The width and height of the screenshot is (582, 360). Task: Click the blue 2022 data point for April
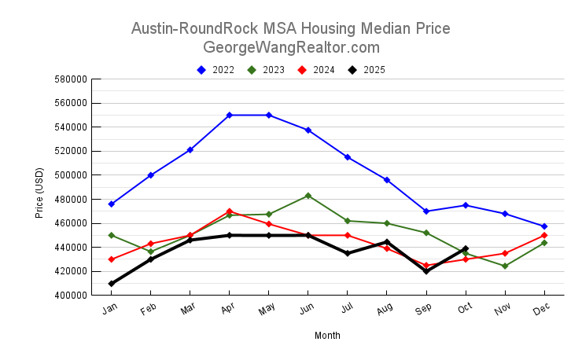click(229, 115)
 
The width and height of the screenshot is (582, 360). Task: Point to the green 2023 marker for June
click(308, 196)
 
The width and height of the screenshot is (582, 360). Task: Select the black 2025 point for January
click(111, 284)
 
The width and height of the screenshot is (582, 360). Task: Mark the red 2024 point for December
click(544, 235)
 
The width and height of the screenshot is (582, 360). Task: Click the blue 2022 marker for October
click(466, 205)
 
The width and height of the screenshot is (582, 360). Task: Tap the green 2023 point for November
click(505, 266)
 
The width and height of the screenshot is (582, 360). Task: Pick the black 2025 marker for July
click(347, 253)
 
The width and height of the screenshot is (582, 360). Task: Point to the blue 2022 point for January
click(111, 204)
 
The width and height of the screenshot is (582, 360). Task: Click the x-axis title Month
click(327, 336)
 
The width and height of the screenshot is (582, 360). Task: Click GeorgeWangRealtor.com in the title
click(291, 47)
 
